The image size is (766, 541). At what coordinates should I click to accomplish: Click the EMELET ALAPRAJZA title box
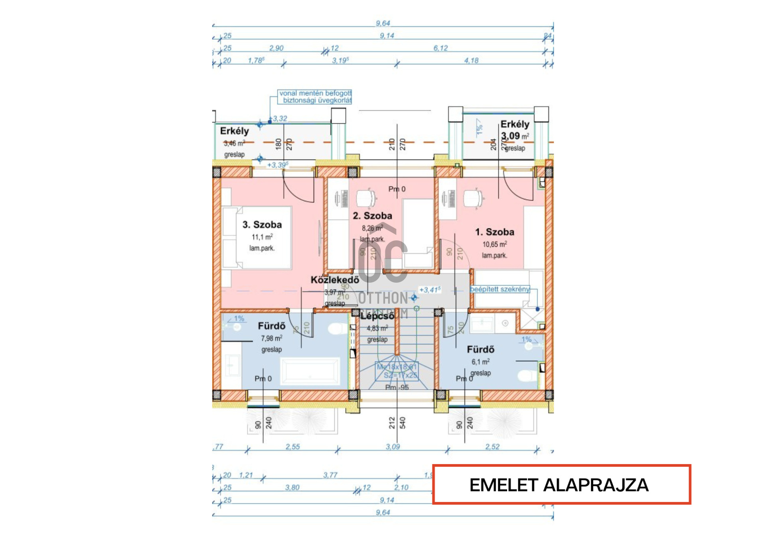[561, 484]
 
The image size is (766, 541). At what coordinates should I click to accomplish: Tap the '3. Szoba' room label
[262, 225]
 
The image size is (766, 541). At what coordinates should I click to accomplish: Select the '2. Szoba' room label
[372, 216]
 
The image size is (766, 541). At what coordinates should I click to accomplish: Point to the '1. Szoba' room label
[494, 232]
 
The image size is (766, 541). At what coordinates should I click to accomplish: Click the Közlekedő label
[335, 280]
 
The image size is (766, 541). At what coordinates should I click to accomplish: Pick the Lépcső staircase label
[377, 316]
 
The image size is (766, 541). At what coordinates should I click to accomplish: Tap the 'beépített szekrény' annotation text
[500, 289]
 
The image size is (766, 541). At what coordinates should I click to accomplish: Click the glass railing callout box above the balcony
[315, 97]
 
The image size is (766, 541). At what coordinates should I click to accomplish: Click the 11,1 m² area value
[262, 237]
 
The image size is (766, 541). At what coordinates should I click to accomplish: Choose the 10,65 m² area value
[495, 244]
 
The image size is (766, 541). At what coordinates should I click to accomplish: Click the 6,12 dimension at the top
[440, 48]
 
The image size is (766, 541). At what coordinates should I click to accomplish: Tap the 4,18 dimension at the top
[471, 61]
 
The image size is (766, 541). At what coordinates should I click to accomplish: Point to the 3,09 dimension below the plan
[393, 447]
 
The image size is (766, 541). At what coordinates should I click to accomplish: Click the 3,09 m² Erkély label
[515, 130]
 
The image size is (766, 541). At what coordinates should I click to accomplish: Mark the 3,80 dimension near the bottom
[292, 488]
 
